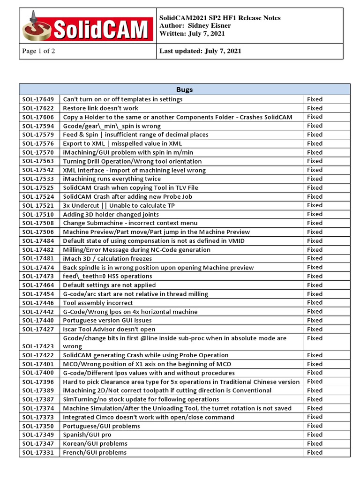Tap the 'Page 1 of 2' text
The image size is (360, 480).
tap(39, 51)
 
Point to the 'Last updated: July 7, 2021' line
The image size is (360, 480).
tap(201, 51)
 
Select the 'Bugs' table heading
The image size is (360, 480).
tap(184, 90)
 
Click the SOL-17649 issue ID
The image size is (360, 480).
tap(38, 99)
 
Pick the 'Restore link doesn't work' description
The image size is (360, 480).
tap(101, 108)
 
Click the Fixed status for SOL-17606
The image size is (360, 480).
tap(315, 117)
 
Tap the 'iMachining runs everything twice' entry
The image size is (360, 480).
tap(112, 179)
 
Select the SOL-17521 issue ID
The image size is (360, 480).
tap(38, 205)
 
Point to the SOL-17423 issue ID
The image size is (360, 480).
tap(38, 346)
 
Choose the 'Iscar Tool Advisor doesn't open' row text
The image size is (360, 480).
tap(109, 329)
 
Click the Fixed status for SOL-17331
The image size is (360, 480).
tap(315, 452)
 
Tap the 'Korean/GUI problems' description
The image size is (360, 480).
tap(95, 443)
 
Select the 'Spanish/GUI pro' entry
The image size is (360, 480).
tap(87, 435)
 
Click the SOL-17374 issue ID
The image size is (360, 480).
tap(38, 408)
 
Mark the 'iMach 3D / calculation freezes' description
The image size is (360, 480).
tap(107, 258)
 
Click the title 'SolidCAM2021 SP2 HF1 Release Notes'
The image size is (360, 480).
tap(220, 18)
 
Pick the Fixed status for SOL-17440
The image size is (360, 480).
tap(315, 320)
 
